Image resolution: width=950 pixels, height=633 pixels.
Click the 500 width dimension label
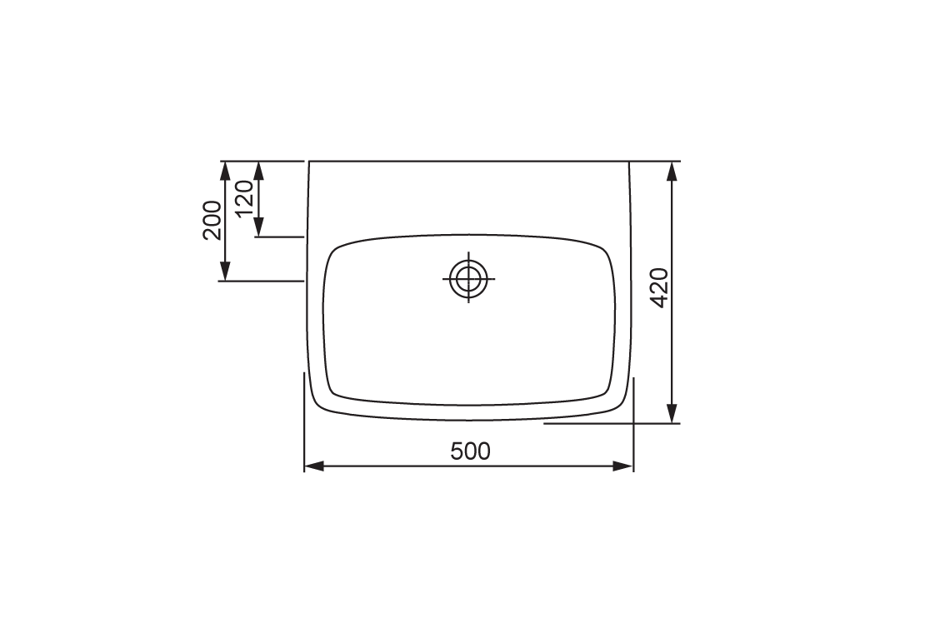[470, 451]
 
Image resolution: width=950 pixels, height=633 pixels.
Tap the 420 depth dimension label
[659, 287]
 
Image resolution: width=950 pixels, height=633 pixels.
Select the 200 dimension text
[212, 220]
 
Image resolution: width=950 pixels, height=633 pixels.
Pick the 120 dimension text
[244, 198]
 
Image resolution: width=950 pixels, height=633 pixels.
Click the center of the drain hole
[468, 278]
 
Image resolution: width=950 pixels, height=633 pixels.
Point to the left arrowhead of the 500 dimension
[313, 466]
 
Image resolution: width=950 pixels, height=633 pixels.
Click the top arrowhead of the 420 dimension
[672, 170]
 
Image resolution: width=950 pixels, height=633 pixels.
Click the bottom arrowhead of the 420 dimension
[672, 414]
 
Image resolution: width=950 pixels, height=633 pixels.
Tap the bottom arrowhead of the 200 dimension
[224, 272]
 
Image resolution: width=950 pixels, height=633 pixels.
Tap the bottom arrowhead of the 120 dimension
[258, 227]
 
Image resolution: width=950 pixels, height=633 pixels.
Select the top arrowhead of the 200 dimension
[224, 170]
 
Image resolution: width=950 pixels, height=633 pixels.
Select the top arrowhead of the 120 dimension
[258, 170]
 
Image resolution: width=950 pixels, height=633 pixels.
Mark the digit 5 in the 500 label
[457, 451]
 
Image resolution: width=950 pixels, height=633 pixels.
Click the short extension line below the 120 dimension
[279, 237]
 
